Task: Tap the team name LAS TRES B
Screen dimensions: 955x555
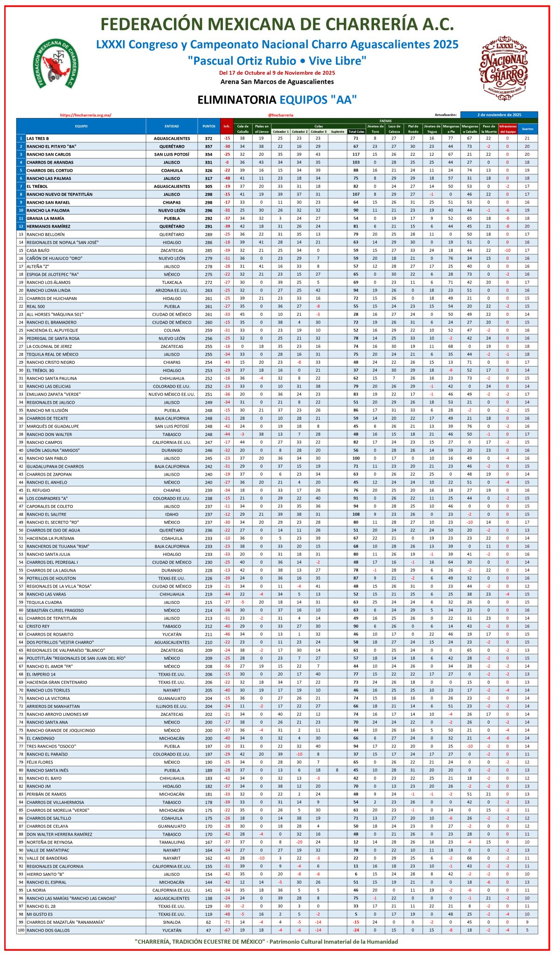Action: click(38, 138)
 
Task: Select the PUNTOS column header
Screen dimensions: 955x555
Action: click(208, 126)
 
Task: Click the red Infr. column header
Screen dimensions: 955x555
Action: click(227, 126)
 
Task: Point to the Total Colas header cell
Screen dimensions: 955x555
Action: click(356, 132)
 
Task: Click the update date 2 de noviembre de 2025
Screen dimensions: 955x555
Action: click(499, 115)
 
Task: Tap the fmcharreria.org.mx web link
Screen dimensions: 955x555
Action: click(86, 115)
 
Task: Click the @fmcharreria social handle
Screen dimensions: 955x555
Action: click(281, 115)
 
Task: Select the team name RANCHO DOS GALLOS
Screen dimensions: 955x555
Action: click(48, 930)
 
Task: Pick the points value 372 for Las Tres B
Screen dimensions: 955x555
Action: click(208, 138)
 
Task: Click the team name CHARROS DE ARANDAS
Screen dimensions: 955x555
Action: click(50, 162)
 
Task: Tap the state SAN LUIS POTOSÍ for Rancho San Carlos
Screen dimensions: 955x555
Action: click(172, 154)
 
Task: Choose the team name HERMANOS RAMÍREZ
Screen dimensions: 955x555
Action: click(49, 226)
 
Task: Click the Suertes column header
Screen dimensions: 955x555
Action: click(527, 129)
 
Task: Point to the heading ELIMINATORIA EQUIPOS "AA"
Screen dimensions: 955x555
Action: click(277, 100)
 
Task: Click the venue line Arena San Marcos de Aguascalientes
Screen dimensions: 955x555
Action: click(277, 82)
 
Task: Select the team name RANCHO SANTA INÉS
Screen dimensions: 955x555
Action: click(47, 770)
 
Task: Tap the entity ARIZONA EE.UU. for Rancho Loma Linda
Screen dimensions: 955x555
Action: click(172, 291)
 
